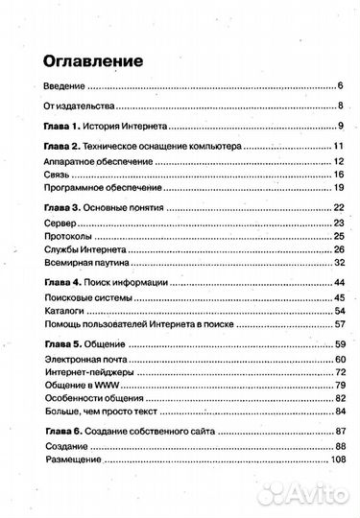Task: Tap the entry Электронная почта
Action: tap(87, 358)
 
